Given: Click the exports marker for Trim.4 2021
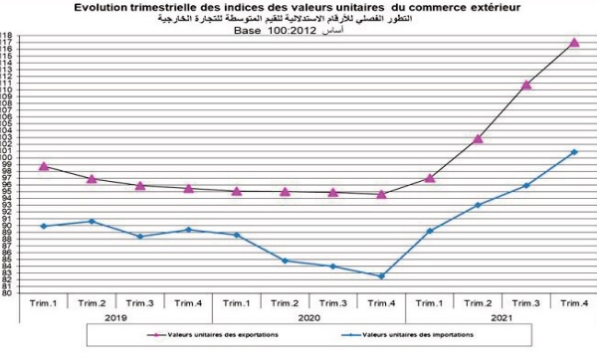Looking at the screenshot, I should (x=574, y=43).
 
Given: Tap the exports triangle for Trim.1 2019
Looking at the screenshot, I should (x=44, y=166).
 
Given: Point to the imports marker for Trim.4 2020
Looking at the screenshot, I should (x=381, y=276).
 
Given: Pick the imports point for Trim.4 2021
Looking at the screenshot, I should (x=574, y=152).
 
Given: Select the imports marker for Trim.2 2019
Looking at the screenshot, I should (x=92, y=221).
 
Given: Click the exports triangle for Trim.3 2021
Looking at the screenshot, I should (x=526, y=85).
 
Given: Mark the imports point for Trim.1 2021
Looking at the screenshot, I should (x=429, y=231).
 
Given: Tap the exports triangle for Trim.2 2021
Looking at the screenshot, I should (x=478, y=138).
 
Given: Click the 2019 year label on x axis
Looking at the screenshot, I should (x=115, y=316).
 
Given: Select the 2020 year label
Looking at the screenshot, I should (x=308, y=316).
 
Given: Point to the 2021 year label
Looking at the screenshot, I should (x=501, y=316).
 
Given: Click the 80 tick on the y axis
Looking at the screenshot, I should (x=7, y=293).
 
